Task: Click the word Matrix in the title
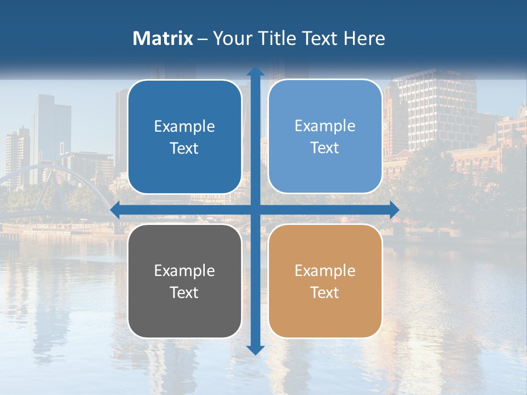(163, 38)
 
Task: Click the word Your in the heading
(232, 38)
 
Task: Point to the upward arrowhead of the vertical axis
(255, 71)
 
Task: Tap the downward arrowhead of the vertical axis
(255, 349)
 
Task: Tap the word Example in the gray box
(184, 270)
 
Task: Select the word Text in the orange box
(325, 292)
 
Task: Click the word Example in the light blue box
(325, 126)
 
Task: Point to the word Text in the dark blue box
(184, 148)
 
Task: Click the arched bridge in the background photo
(66, 176)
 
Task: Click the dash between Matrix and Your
(203, 39)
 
